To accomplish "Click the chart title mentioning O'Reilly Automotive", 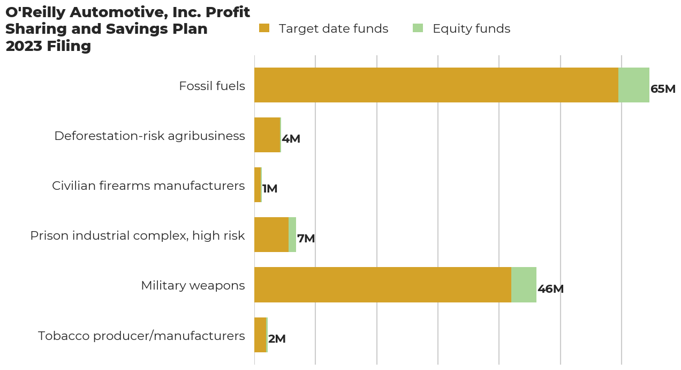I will tap(127, 29).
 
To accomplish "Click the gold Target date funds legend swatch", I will tap(264, 28).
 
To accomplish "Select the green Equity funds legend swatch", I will tap(418, 28).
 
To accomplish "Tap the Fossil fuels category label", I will tap(212, 86).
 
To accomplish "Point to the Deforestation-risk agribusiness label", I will tap(149, 136).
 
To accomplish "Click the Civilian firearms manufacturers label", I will tap(148, 186).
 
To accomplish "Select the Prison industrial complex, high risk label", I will tap(138, 235).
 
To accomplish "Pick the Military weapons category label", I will tap(193, 285).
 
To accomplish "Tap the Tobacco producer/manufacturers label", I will tap(141, 336).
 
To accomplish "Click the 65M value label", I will tap(663, 89).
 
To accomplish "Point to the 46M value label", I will tap(550, 289).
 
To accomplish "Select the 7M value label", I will tap(306, 239).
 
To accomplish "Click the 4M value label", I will tap(291, 139).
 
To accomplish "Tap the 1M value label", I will tap(270, 189).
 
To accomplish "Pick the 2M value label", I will tap(277, 339).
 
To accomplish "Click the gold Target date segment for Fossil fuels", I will tap(436, 85).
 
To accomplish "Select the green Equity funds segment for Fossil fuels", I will tap(634, 85).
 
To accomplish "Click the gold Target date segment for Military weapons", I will tap(382, 285).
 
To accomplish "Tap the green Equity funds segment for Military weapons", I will tap(524, 285).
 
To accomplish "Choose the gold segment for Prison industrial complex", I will tap(271, 234).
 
